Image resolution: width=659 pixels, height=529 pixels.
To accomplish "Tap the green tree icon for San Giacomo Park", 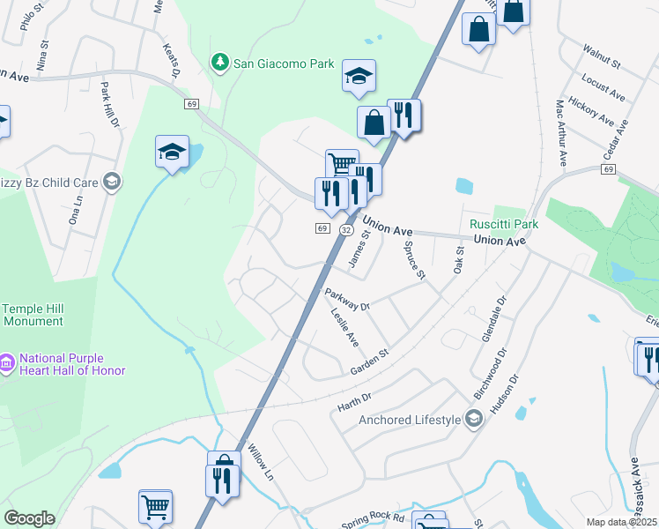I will [x=218, y=63].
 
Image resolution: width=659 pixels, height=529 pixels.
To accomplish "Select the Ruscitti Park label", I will [x=503, y=224].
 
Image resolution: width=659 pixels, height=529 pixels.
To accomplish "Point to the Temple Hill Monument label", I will [x=33, y=315].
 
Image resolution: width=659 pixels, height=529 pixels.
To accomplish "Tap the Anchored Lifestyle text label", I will [x=410, y=420].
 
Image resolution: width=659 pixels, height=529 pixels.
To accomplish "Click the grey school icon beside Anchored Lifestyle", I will [x=475, y=418].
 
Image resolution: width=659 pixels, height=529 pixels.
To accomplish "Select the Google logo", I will [x=29, y=518].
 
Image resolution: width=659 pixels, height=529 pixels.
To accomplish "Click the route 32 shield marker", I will [x=346, y=229].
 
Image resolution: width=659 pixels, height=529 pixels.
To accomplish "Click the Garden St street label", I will [x=369, y=361].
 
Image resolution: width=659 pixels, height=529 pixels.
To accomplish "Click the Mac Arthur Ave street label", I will [x=560, y=132].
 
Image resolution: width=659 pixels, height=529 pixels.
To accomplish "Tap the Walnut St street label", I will [x=602, y=58].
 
